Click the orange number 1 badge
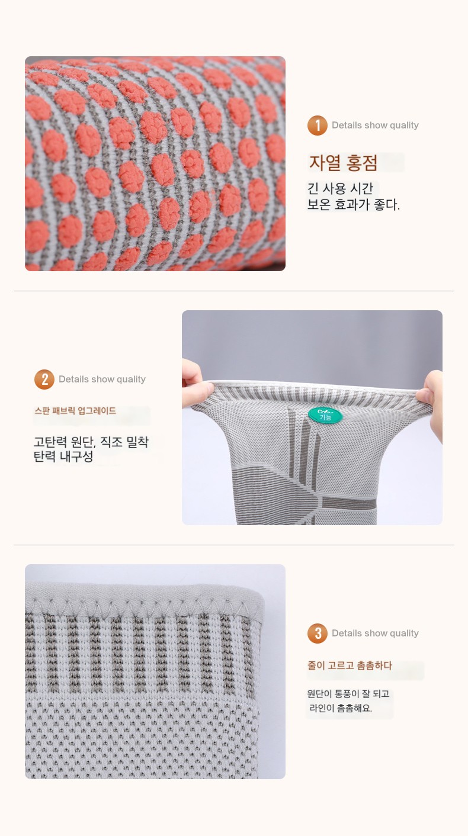tap(318, 126)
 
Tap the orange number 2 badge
tap(44, 380)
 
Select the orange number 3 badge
tap(318, 634)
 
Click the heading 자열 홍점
tap(343, 163)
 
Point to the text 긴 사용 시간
tap(340, 188)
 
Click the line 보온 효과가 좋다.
tap(353, 204)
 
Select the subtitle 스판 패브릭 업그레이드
tap(75, 411)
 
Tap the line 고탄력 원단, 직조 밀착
tap(91, 442)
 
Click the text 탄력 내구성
tap(63, 456)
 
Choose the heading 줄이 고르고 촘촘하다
tap(350, 665)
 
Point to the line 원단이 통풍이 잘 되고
tap(348, 694)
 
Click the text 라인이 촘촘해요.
tap(341, 708)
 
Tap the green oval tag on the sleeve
tap(325, 416)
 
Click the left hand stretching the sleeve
tap(194, 383)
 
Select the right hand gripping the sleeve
tap(431, 399)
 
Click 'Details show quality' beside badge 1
tap(375, 126)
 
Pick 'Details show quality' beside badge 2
tap(102, 380)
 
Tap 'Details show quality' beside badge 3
tap(375, 634)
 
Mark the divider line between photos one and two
tap(234, 291)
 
